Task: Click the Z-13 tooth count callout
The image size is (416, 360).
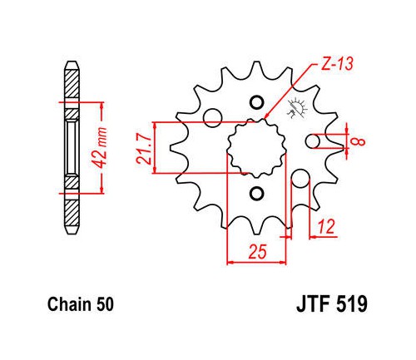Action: coord(337,64)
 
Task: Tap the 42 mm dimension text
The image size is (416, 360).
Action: coord(100,148)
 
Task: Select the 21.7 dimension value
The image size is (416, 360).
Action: coord(145,148)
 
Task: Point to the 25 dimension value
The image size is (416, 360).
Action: coord(257,251)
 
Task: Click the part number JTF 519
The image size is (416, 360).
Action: coord(332,304)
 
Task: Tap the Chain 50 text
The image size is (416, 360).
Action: coord(81,304)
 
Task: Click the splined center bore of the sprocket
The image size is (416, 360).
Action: coord(256,148)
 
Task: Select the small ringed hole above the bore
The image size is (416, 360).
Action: coord(256,103)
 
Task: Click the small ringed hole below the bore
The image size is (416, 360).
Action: coord(256,193)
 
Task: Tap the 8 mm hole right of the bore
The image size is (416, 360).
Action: coord(313,141)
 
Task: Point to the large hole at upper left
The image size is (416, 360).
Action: coord(212,118)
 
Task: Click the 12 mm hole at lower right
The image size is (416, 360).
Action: coord(300,179)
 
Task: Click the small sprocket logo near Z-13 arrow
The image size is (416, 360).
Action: coord(297,108)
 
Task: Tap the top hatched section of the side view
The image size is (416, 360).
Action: coord(72,82)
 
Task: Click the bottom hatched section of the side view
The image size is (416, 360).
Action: coord(72,212)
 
